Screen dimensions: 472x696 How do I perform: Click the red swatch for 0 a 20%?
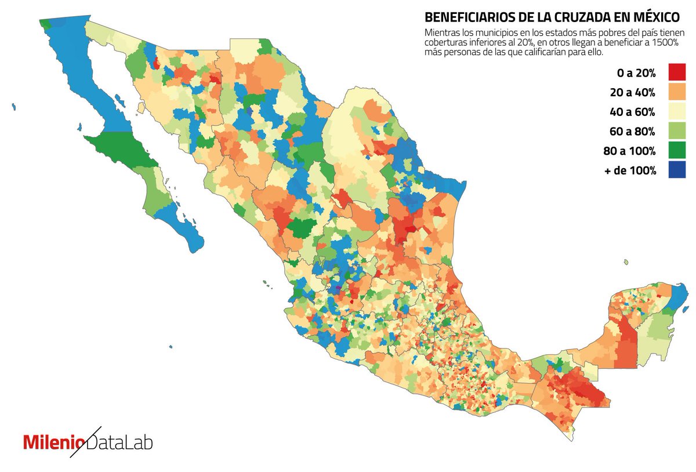coord(677,72)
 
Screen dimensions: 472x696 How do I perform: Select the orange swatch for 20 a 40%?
coord(677,92)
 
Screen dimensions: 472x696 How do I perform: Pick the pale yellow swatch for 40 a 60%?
coord(677,111)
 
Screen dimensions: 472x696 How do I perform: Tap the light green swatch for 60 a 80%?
coord(677,131)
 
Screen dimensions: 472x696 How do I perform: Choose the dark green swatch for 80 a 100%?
coord(677,151)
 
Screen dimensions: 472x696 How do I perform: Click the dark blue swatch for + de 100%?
coord(677,170)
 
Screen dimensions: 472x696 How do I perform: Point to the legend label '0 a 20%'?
coord(636,73)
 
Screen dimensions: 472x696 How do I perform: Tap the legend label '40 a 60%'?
coord(633,112)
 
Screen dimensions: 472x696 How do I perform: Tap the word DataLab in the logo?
coord(119,442)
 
